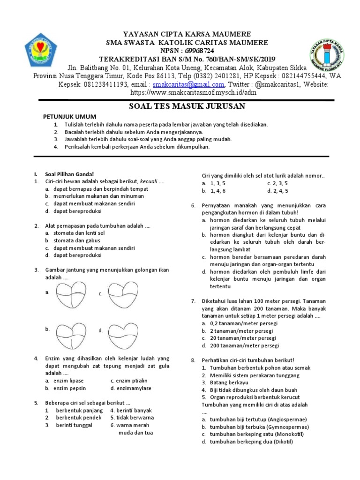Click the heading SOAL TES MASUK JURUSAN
(187, 106)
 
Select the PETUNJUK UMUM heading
(69, 116)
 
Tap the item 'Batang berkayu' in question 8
(228, 382)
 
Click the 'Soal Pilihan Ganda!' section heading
(66, 174)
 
